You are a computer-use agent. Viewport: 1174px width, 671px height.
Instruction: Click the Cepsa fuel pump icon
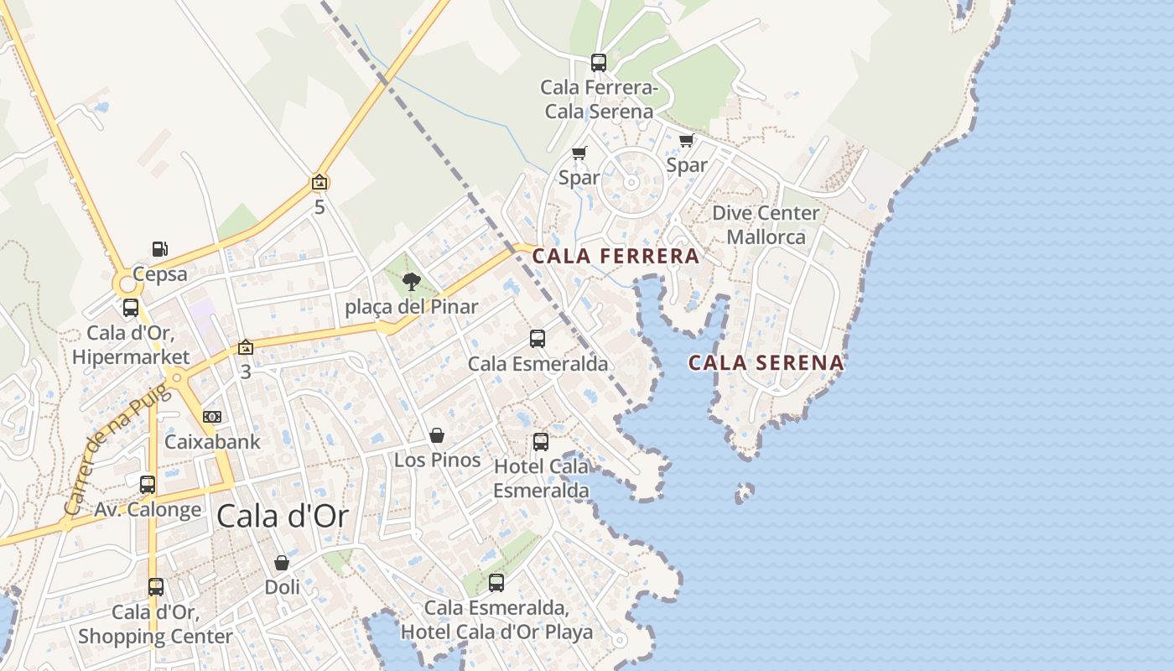(x=159, y=249)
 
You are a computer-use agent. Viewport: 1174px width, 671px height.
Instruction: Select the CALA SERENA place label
(x=766, y=363)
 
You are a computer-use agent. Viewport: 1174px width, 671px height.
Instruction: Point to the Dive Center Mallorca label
(x=765, y=225)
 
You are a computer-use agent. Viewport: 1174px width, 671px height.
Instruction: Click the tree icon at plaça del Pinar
(x=411, y=282)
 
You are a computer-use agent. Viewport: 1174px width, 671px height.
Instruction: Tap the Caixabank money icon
(x=212, y=417)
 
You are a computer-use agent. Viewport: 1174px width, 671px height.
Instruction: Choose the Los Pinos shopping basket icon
(x=437, y=435)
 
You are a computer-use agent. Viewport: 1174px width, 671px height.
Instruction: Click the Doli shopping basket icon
(x=282, y=563)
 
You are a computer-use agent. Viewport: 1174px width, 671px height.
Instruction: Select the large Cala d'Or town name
(x=282, y=517)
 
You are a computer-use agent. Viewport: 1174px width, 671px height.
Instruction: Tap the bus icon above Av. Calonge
(x=148, y=484)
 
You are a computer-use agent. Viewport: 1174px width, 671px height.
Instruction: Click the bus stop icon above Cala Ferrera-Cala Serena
(x=598, y=63)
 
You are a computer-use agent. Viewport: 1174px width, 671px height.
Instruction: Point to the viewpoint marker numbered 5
(x=319, y=182)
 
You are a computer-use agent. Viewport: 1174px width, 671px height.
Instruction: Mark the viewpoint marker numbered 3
(x=245, y=347)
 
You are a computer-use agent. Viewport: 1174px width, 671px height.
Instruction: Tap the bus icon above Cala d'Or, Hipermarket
(x=131, y=308)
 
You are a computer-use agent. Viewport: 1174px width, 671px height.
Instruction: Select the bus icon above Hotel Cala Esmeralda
(x=541, y=441)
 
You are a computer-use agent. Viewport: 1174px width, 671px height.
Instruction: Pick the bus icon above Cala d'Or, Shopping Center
(x=156, y=586)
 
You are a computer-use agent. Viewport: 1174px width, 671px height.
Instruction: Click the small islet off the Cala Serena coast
(x=744, y=492)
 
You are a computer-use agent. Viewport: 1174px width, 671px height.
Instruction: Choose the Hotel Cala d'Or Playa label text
(x=496, y=632)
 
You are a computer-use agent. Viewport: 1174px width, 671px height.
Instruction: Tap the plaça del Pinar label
(x=411, y=307)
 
